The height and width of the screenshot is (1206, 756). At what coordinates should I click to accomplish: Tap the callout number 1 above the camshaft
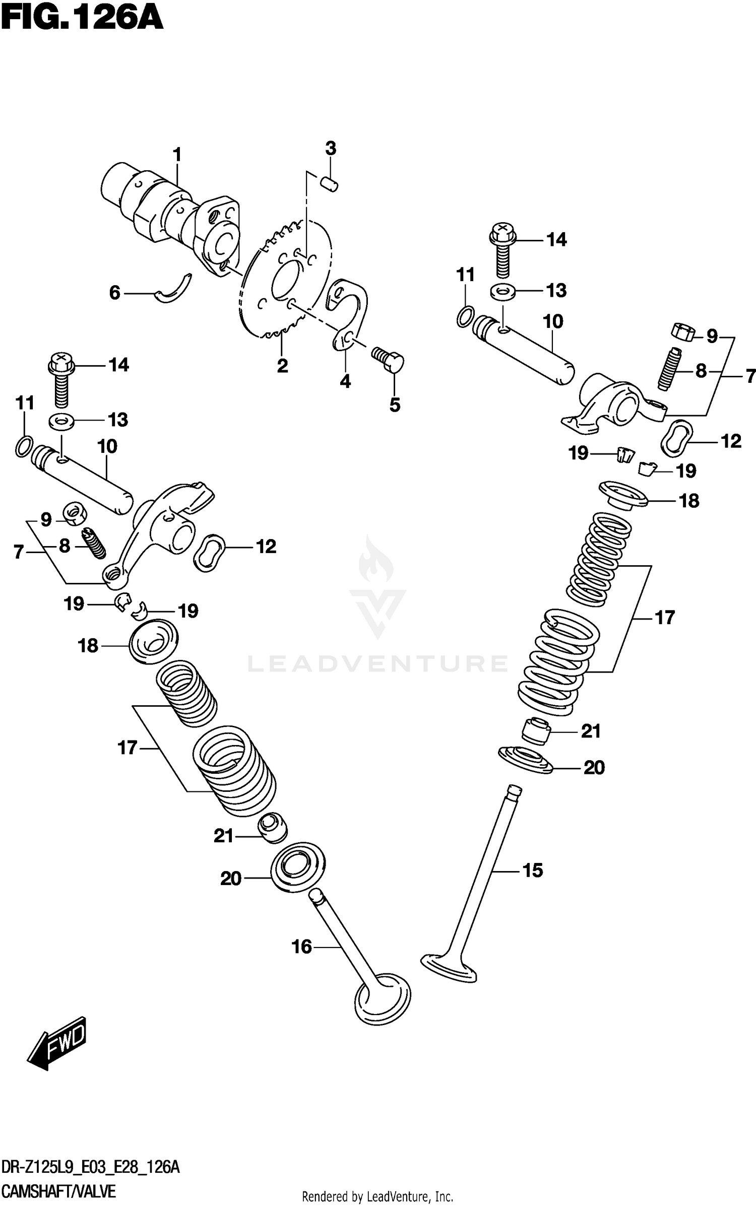point(177,154)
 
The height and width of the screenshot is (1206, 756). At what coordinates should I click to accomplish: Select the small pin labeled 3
point(330,183)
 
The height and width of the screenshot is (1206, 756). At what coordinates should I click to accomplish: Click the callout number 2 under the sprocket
point(282,366)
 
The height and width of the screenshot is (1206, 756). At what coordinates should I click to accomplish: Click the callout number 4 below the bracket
point(345,381)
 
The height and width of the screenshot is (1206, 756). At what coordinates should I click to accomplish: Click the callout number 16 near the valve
point(302,947)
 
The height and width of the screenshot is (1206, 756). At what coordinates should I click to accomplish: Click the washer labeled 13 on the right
point(502,292)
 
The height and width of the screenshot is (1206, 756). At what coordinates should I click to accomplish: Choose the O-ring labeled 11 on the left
point(23,446)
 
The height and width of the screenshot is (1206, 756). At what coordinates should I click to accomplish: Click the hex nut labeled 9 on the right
point(683,332)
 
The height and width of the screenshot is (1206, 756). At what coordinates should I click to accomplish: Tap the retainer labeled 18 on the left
point(154,641)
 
